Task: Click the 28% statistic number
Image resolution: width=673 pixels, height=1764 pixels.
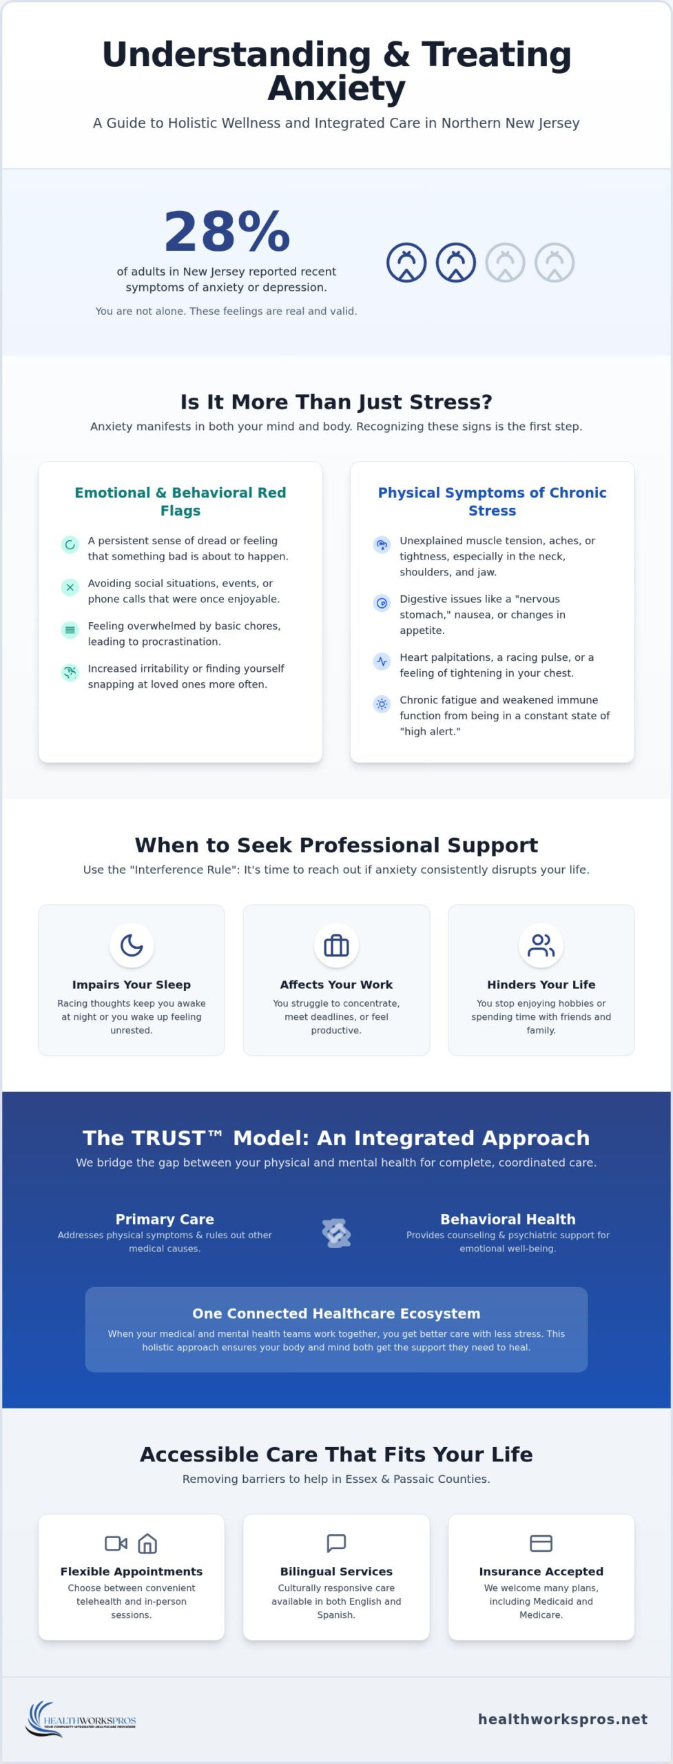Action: [227, 232]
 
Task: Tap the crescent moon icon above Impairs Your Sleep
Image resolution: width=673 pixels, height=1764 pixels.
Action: [132, 945]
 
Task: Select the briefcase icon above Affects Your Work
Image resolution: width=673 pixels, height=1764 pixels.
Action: [336, 945]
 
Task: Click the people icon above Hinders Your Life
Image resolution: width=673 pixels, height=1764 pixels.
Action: [541, 945]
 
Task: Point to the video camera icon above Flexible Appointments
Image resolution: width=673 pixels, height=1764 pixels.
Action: [116, 1543]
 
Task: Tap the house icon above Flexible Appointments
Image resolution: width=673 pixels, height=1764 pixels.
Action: [147, 1543]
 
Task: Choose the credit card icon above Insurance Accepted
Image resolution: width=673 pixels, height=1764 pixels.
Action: [541, 1543]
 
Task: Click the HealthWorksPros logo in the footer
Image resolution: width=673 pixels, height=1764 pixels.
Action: [81, 1720]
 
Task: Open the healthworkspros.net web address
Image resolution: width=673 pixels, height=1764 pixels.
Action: [563, 1719]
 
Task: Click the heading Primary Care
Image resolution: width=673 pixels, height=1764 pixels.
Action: [165, 1219]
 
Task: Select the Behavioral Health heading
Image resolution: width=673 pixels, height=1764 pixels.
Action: [508, 1219]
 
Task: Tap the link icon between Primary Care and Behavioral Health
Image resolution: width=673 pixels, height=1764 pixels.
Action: [336, 1233]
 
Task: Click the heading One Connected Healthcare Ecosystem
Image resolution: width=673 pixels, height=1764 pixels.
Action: [336, 1313]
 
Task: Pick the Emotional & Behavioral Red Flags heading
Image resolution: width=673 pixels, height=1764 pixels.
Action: [180, 502]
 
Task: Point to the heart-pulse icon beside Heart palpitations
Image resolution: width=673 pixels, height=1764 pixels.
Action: [382, 661]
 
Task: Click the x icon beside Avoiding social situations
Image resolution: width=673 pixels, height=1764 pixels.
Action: [70, 587]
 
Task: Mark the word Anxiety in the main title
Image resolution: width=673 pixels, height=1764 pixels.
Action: [336, 89]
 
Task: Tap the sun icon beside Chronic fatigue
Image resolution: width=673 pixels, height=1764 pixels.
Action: [382, 704]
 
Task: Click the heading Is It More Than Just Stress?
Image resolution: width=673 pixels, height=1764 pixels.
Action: [336, 402]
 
